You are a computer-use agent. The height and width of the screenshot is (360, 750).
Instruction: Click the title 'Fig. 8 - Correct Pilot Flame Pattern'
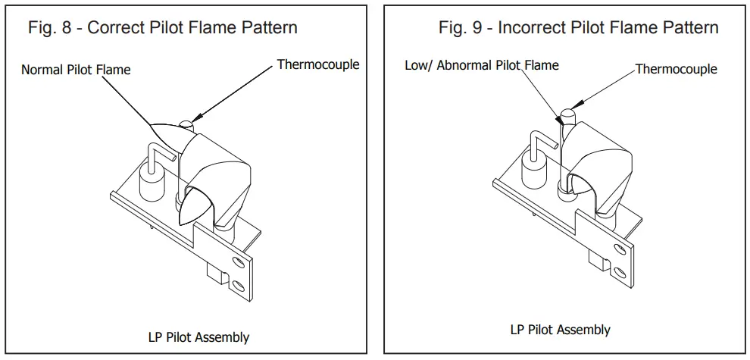click(162, 28)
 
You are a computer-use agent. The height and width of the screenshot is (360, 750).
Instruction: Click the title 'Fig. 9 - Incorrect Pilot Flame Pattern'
click(578, 28)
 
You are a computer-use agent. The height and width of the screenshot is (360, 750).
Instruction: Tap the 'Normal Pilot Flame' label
click(76, 70)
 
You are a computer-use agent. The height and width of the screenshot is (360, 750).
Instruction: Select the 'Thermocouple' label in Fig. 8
click(317, 64)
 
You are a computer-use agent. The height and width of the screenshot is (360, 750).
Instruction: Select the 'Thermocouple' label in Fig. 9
click(676, 69)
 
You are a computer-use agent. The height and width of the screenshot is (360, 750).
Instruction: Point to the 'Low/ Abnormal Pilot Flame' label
click(481, 65)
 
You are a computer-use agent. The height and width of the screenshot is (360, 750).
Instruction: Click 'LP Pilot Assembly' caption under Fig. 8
click(198, 337)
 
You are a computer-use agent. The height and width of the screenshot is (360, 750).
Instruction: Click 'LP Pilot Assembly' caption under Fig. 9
click(560, 330)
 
